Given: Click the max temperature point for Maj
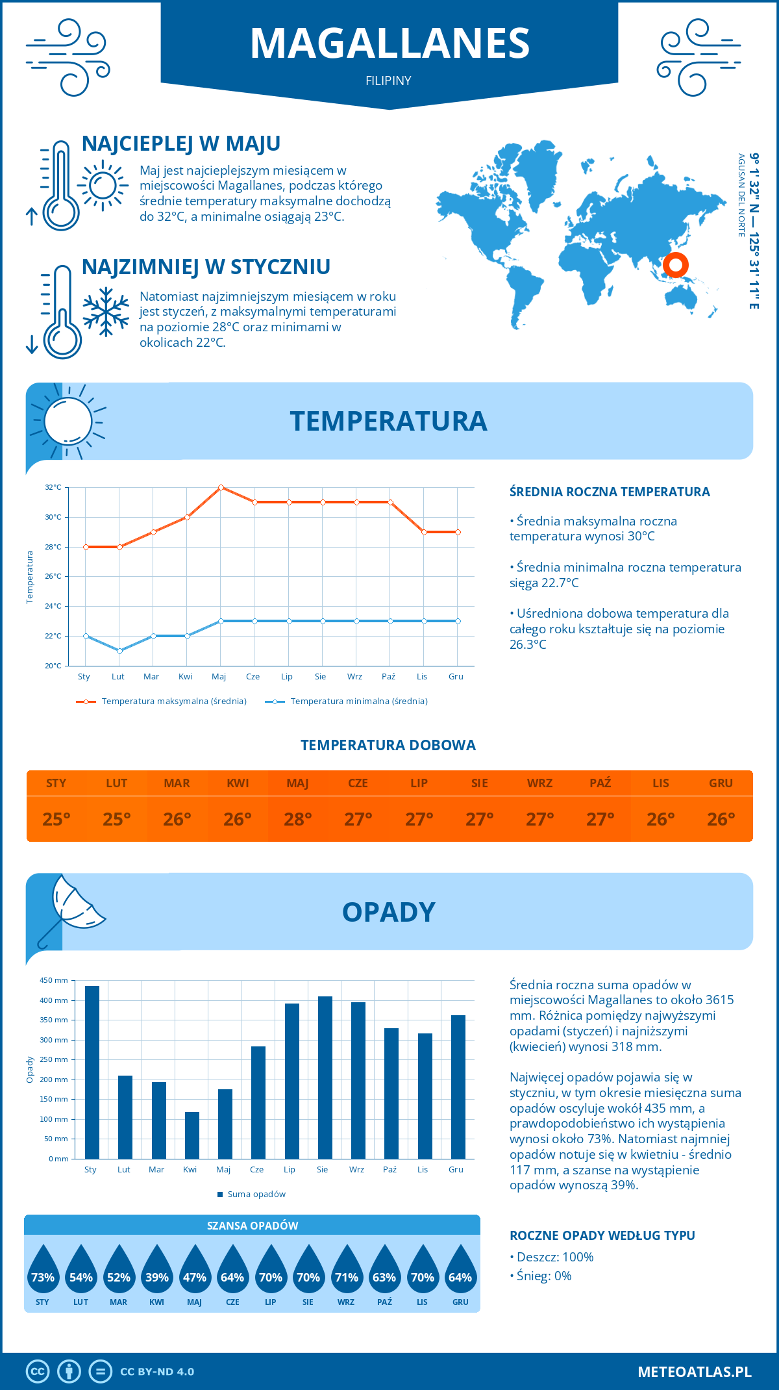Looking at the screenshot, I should click(221, 487).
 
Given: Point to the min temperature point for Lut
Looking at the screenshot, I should click(119, 651).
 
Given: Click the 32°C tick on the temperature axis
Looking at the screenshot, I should click(53, 487).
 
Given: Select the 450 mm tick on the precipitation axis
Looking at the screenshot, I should click(55, 980).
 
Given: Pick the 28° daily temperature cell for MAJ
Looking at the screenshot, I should click(298, 819).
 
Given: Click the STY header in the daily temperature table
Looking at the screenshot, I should click(56, 783).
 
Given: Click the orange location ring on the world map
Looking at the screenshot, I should click(676, 265).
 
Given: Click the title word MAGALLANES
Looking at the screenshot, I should click(389, 44).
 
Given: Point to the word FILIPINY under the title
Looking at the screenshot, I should click(388, 81).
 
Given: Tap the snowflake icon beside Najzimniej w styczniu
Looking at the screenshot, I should click(106, 312).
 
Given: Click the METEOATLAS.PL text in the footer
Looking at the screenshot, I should click(694, 1372).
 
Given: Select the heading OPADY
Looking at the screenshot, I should click(388, 912).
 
